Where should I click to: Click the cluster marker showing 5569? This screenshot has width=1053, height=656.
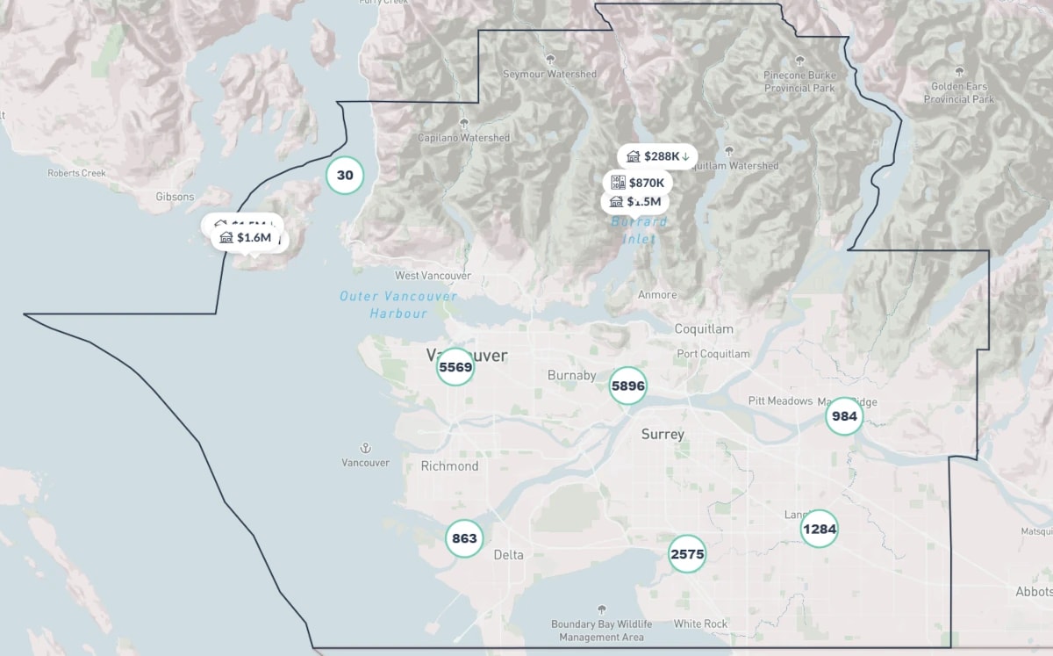click(x=455, y=367)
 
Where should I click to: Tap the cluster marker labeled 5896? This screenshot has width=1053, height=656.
click(x=627, y=386)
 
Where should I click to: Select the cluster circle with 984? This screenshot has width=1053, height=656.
click(x=844, y=416)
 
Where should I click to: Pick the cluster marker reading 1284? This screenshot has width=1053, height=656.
click(x=819, y=529)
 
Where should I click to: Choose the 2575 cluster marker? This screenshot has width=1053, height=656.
click(x=687, y=554)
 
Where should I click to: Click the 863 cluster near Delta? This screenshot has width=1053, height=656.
click(x=463, y=538)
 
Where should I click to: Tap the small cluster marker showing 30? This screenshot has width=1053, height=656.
click(x=345, y=175)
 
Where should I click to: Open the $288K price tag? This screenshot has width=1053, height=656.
click(x=657, y=156)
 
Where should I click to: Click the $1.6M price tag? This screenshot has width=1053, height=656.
click(x=247, y=238)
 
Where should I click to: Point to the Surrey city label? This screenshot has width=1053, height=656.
click(x=663, y=435)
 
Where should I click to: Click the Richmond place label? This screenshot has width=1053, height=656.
click(x=449, y=466)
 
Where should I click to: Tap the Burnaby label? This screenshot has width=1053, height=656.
click(x=571, y=376)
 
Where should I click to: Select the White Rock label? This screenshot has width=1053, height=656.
click(x=700, y=624)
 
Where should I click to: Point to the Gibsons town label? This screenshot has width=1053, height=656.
click(x=175, y=197)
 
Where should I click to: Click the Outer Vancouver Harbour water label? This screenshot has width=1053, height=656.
click(x=398, y=305)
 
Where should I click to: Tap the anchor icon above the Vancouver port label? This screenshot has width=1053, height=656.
click(x=365, y=448)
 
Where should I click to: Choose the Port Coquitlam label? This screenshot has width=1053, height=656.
click(x=713, y=354)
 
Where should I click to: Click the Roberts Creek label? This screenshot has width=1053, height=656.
click(x=76, y=173)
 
